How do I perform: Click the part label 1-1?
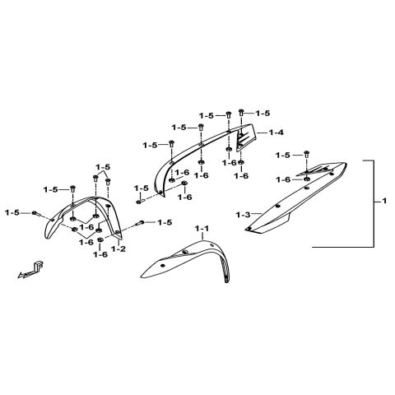[202, 228]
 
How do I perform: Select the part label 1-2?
[118, 249]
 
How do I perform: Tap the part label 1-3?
[244, 215]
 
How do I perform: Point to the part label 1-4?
[276, 132]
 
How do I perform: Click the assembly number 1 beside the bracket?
[384, 201]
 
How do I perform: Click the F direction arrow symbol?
[30, 271]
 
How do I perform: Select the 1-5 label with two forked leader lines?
[103, 167]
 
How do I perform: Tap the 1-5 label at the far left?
[12, 212]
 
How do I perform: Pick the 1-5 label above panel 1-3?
[283, 156]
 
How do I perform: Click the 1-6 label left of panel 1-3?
[283, 179]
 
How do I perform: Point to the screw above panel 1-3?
[306, 154]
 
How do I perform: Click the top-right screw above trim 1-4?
[241, 112]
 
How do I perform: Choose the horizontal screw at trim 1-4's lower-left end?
[140, 202]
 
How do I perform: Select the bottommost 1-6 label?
[100, 254]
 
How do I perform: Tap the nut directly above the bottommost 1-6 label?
[100, 240]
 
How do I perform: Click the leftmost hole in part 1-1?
[163, 265]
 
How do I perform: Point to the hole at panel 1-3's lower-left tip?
[249, 229]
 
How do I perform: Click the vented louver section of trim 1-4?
[246, 138]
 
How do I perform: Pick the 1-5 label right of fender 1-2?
[165, 222]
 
